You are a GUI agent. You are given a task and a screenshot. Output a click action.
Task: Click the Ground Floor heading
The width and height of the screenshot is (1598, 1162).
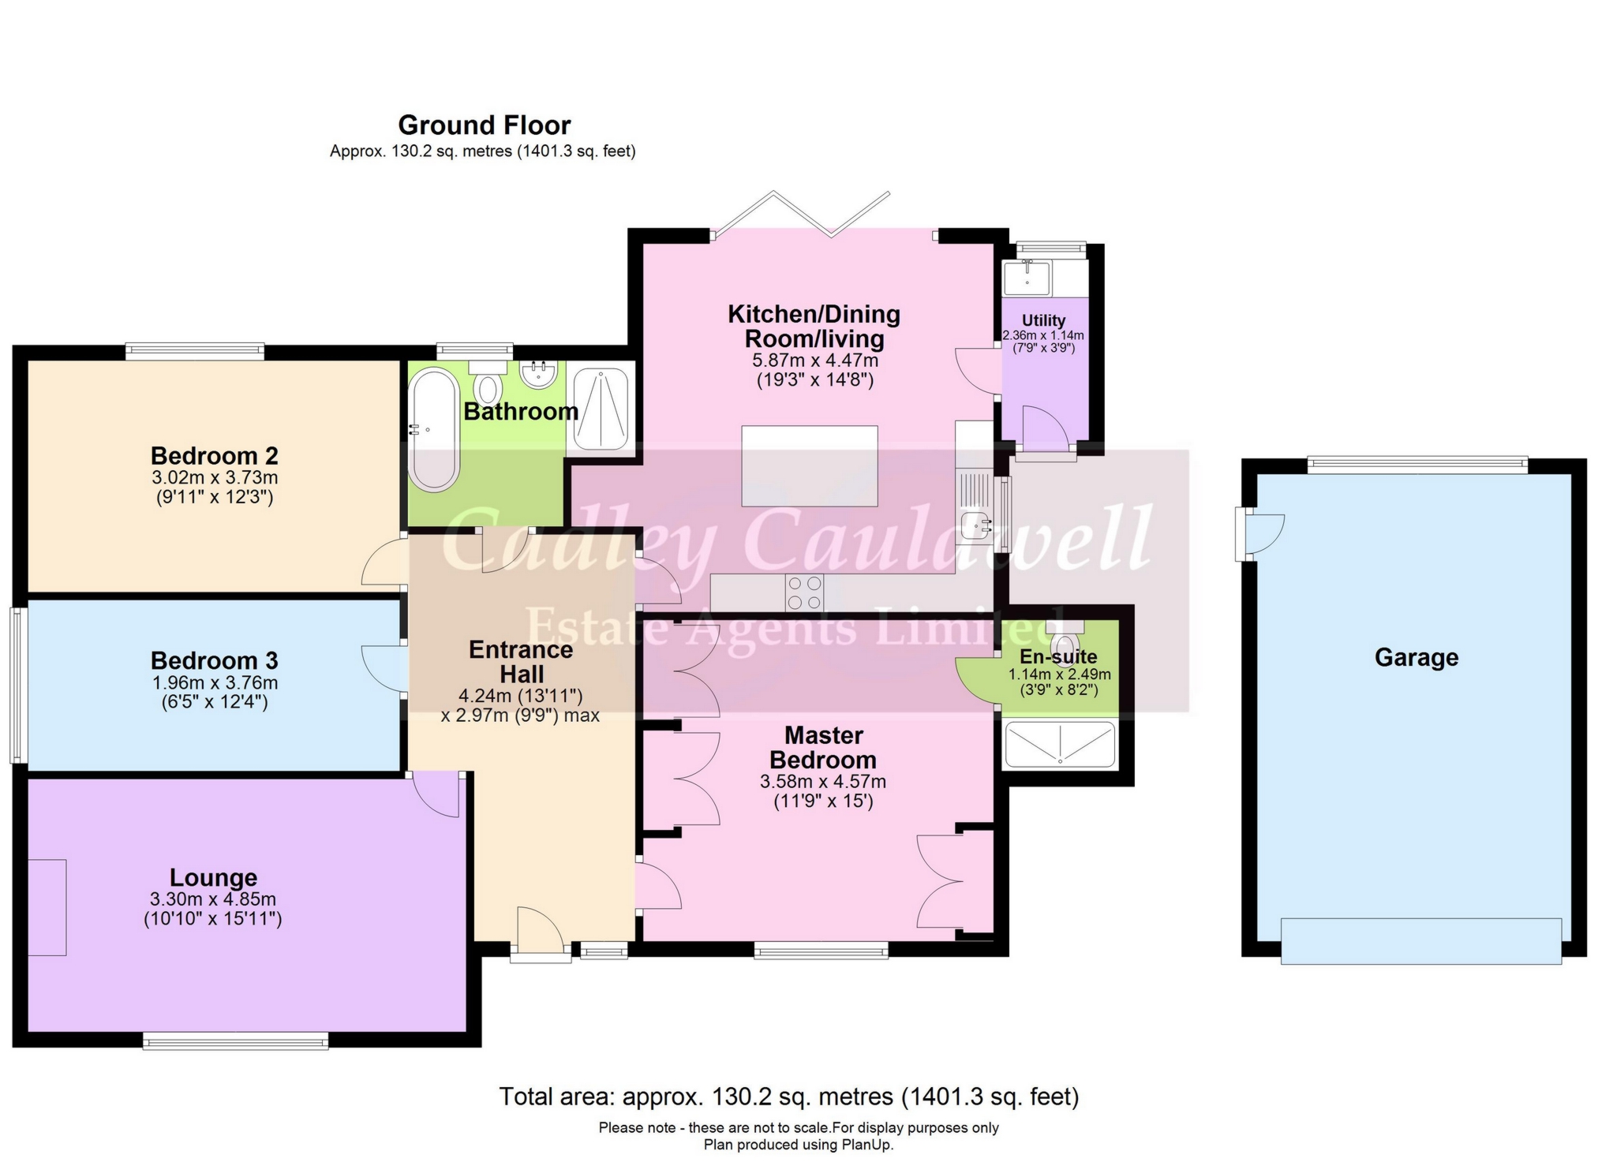pos(484,125)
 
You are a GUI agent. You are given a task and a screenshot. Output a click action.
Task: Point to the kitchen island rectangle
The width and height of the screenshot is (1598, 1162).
pos(809,466)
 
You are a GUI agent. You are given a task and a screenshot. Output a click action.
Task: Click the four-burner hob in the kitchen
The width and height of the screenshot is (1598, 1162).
pos(804,592)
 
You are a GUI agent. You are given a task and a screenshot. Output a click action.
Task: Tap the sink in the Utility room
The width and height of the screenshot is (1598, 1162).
pos(1027,278)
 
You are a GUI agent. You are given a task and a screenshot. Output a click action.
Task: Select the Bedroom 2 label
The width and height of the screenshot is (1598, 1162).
pos(214,456)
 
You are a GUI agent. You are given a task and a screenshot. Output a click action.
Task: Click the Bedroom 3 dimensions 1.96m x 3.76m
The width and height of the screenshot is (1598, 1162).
pos(214,683)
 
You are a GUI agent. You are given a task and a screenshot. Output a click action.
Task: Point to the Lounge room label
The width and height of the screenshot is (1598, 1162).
pos(213,877)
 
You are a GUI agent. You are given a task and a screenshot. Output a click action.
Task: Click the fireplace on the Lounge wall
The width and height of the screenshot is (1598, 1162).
pos(47,907)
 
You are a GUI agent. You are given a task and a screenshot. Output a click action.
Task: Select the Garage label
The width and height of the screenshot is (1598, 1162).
pos(1416,657)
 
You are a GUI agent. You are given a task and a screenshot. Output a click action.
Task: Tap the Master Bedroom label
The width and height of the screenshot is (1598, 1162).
pos(822,747)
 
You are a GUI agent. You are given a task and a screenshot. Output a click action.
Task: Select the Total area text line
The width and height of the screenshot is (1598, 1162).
pos(788,1097)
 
